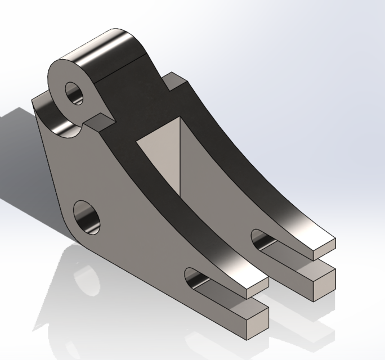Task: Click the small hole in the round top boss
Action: click(x=74, y=93)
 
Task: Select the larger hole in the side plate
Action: click(x=88, y=217)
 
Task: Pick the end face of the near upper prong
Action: click(x=256, y=287)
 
